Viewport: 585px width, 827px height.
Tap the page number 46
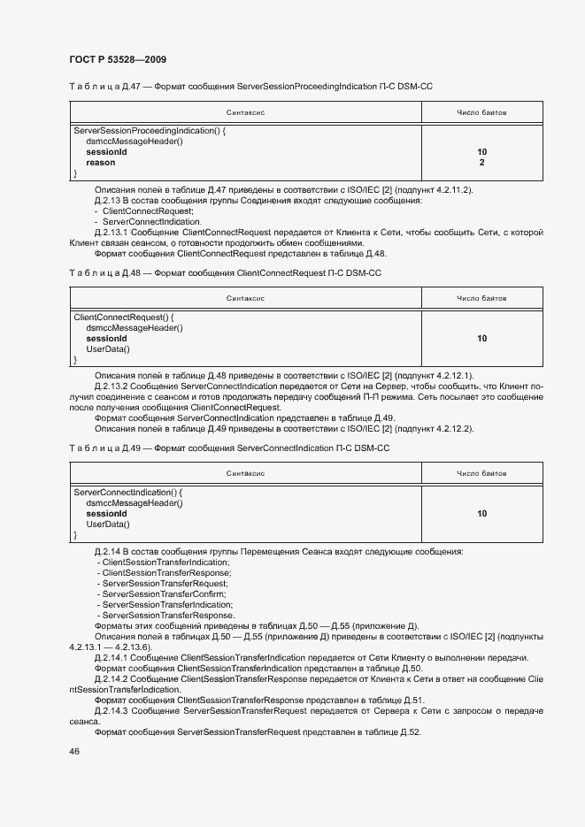tap(74, 751)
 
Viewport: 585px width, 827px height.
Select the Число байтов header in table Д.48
tap(481, 298)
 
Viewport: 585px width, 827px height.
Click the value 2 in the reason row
tap(481, 163)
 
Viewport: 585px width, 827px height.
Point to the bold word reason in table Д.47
tap(100, 163)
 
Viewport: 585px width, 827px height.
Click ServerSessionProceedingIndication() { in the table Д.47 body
tap(150, 131)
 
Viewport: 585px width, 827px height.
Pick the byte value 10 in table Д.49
tap(481, 513)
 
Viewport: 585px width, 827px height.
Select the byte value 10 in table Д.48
tap(481, 338)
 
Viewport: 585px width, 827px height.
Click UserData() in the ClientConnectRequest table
tap(107, 349)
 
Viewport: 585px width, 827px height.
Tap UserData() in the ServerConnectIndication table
tap(107, 525)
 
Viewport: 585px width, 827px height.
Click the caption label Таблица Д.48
tap(99, 274)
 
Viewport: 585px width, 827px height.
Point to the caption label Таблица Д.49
tap(99, 448)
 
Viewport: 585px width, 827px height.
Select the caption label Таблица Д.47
tap(99, 87)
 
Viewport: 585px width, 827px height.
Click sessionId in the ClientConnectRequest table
tap(106, 338)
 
